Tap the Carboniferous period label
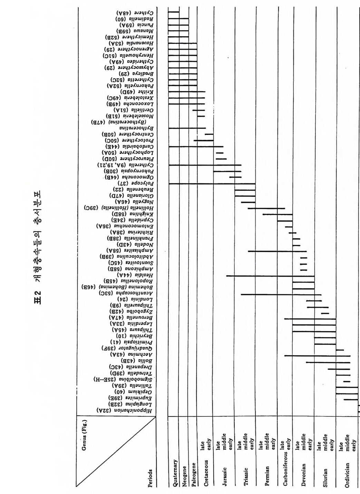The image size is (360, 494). pyautogui.click(x=285, y=466)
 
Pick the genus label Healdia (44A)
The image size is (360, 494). pyautogui.click(x=136, y=275)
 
